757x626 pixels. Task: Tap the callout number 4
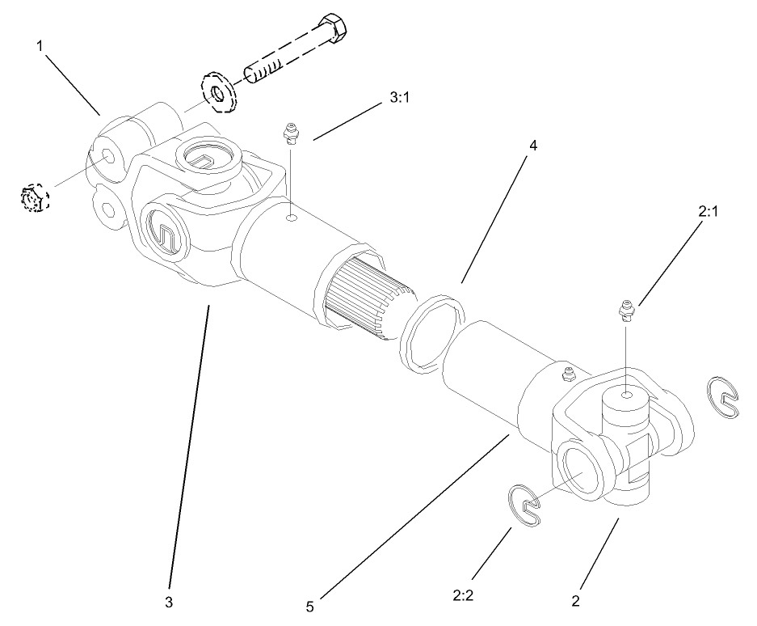tap(532, 146)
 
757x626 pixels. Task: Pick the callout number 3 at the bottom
tap(170, 602)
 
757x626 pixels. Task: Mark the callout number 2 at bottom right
tap(574, 601)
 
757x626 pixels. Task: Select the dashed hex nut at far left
tap(33, 197)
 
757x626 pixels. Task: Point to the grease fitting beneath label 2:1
tap(625, 310)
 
